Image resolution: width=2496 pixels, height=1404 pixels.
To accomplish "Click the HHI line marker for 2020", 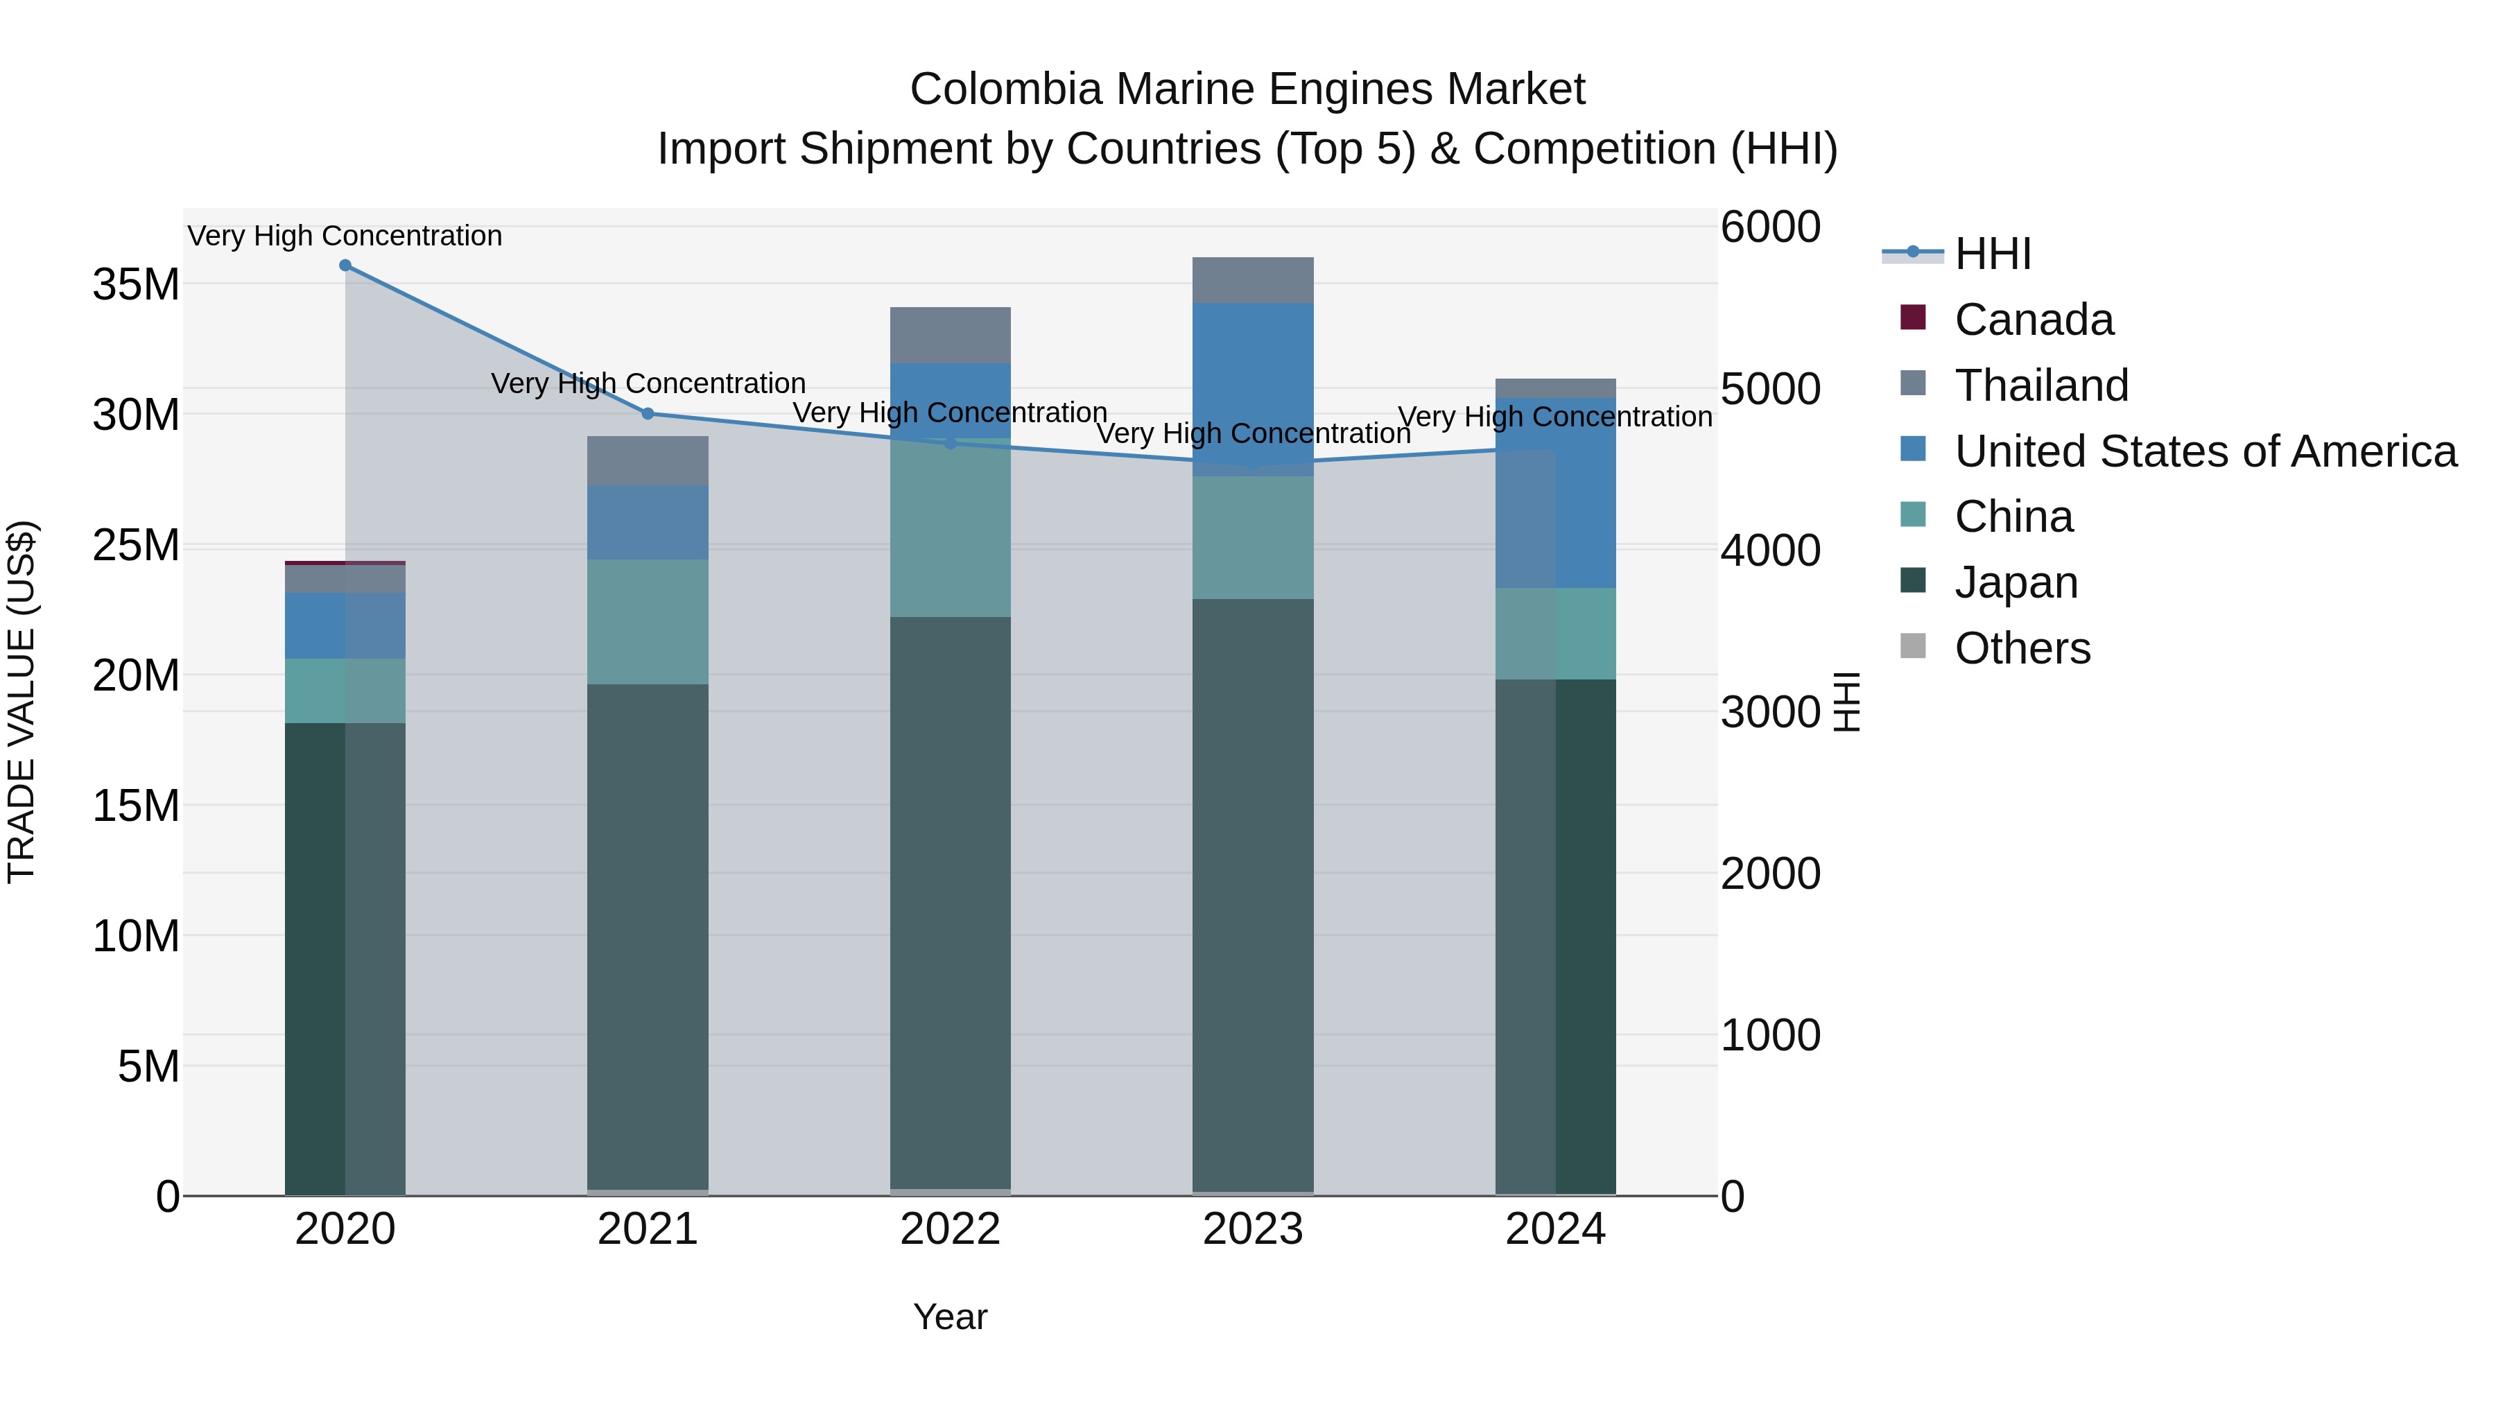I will [x=345, y=266].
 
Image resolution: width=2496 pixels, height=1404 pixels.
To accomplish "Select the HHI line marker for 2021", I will [x=648, y=414].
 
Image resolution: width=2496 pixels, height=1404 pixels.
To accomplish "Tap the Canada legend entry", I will [x=2033, y=320].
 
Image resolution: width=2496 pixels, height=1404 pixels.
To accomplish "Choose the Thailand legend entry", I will [x=2040, y=385].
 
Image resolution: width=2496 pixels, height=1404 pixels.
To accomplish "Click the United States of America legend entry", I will [x=2204, y=451].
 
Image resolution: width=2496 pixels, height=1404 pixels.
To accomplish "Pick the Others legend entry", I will [x=2022, y=648].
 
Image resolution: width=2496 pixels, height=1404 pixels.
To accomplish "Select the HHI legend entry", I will [x=1992, y=254].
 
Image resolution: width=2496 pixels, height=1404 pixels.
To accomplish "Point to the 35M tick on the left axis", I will [x=136, y=285].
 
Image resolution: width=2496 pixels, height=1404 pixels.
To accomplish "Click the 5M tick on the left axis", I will [x=148, y=1067].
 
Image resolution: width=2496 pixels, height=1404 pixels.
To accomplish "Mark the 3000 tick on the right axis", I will [x=1770, y=712].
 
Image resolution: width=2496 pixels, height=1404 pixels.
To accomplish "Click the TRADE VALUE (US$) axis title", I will [x=22, y=702].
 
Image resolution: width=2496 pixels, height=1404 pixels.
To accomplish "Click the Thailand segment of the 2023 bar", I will [x=1253, y=280].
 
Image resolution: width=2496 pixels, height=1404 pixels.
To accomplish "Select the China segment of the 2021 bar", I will [x=648, y=622].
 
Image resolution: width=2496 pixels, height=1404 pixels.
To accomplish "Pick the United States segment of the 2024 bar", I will [x=1555, y=493].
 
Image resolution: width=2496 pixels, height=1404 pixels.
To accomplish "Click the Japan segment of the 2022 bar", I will [x=950, y=901].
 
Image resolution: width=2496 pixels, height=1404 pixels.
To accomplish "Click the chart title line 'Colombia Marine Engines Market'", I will [x=1247, y=89].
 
